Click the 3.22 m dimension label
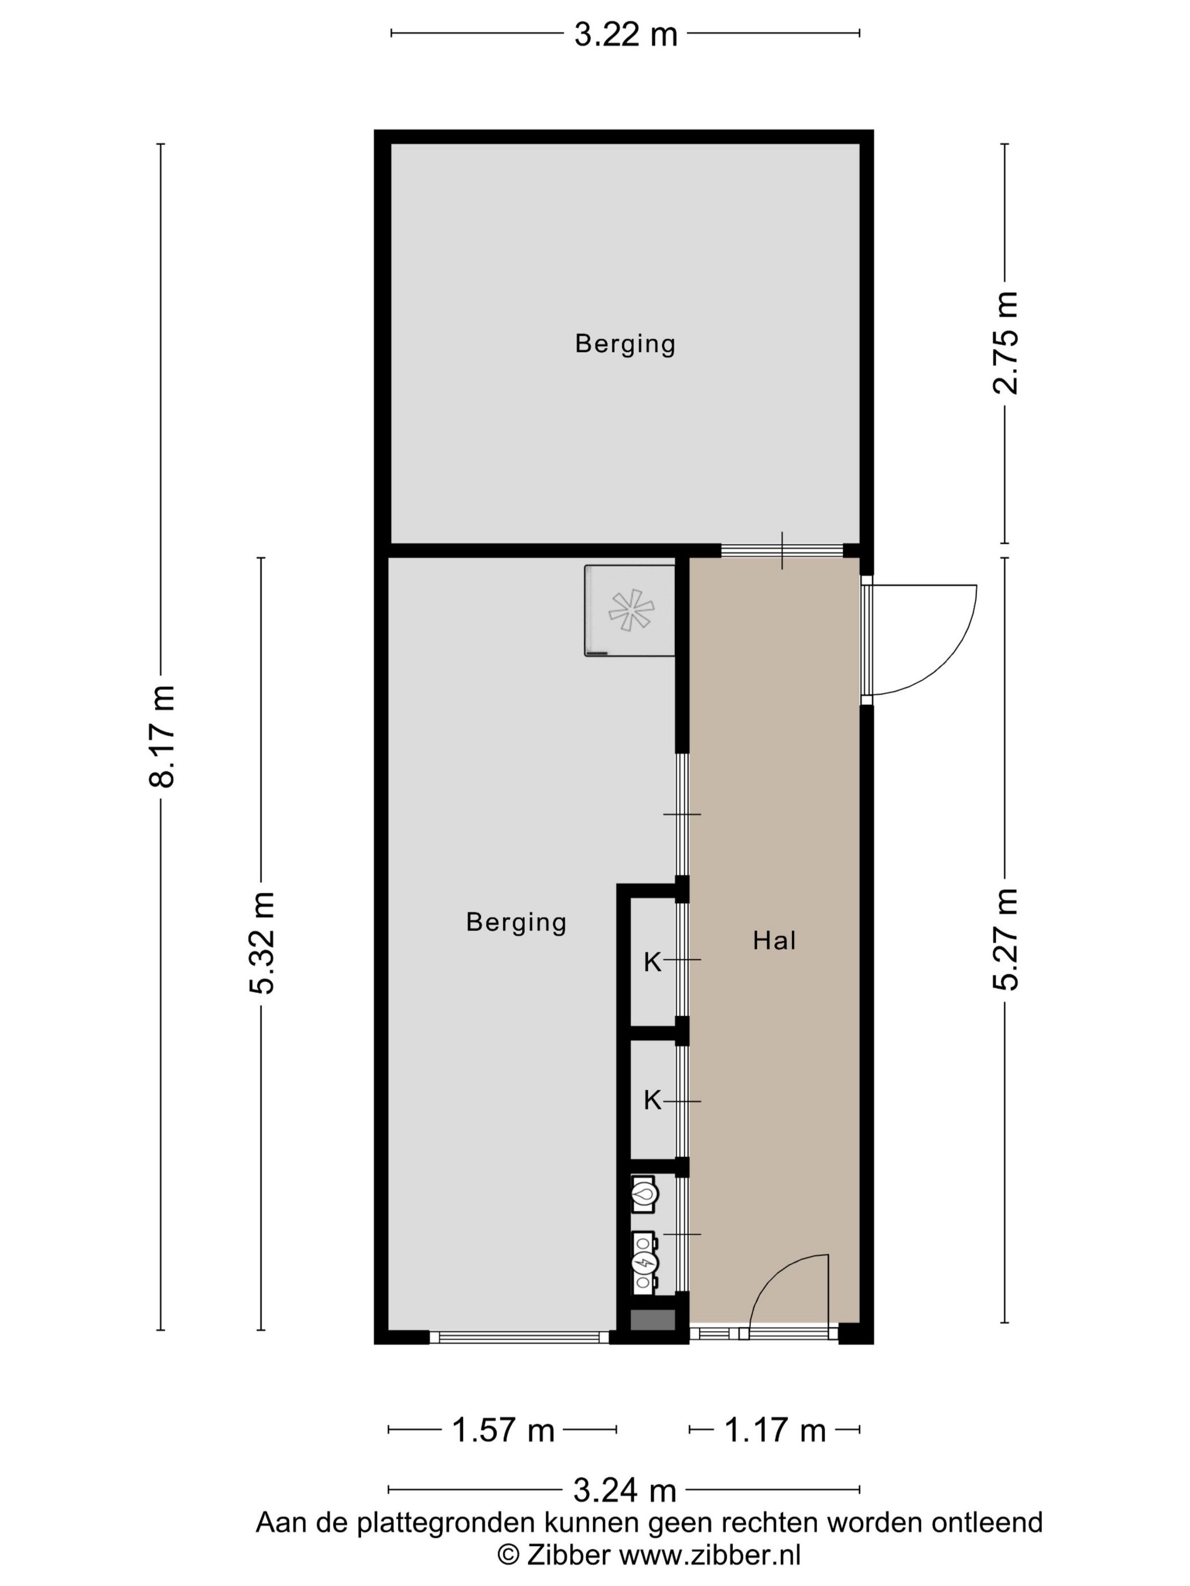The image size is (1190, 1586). click(625, 35)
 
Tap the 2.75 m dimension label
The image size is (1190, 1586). click(1005, 343)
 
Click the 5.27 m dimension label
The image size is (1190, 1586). click(1005, 939)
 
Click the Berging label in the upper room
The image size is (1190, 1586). click(625, 344)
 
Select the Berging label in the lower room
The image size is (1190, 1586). click(516, 922)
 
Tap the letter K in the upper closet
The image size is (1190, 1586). click(651, 962)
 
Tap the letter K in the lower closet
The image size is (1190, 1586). click(651, 1100)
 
